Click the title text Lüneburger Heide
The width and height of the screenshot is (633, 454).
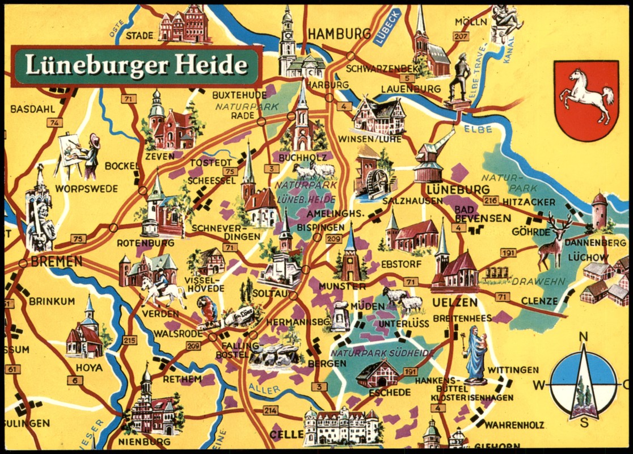[x=137, y=66]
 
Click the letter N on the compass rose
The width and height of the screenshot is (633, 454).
[x=583, y=337]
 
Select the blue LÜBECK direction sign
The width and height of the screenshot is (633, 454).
[x=387, y=27]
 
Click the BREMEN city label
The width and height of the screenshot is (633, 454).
[x=56, y=262]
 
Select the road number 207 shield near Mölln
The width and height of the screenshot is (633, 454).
[x=460, y=36]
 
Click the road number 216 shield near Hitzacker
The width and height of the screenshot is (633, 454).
[x=491, y=200]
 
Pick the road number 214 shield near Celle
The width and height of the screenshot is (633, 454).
[x=271, y=410]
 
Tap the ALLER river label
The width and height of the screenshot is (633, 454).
[x=264, y=389]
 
